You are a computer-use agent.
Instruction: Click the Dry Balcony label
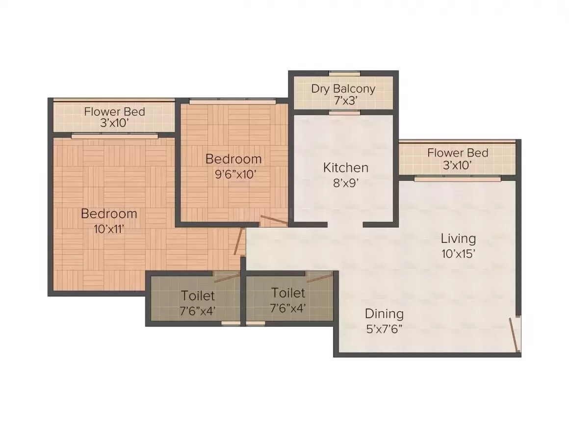(x=343, y=89)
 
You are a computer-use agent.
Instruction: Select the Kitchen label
(x=345, y=168)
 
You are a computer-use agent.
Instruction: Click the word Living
(x=458, y=239)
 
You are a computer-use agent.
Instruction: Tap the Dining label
(x=384, y=314)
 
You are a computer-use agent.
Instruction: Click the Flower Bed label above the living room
(x=458, y=153)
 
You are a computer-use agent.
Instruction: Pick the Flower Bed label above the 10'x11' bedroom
(x=114, y=111)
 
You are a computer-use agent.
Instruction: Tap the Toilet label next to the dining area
(x=288, y=294)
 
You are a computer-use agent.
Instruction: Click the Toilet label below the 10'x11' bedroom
(x=198, y=296)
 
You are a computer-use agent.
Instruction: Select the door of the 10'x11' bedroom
(x=239, y=241)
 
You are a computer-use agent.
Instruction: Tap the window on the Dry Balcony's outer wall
(x=344, y=74)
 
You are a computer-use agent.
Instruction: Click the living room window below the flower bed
(x=457, y=179)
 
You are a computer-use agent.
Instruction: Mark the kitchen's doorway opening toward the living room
(x=345, y=225)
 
